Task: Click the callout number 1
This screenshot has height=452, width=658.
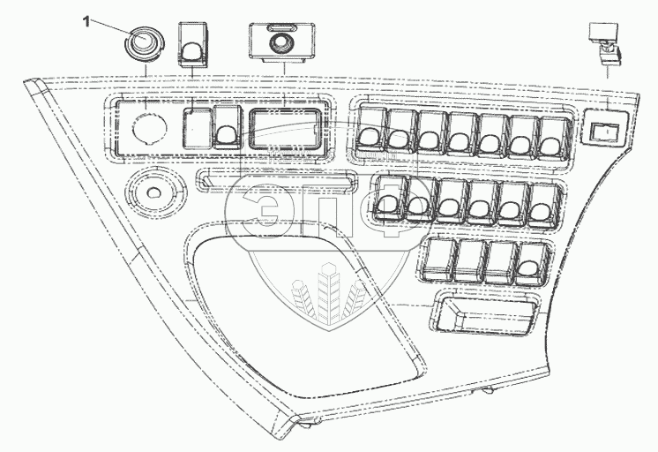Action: [x=86, y=22]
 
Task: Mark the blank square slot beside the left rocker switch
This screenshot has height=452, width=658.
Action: [x=195, y=129]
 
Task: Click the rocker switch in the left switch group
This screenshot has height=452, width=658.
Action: [x=225, y=130]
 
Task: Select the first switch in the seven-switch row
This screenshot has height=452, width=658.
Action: [x=369, y=131]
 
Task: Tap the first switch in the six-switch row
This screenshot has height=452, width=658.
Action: [x=388, y=200]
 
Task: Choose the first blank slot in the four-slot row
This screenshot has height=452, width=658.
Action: [x=437, y=260]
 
